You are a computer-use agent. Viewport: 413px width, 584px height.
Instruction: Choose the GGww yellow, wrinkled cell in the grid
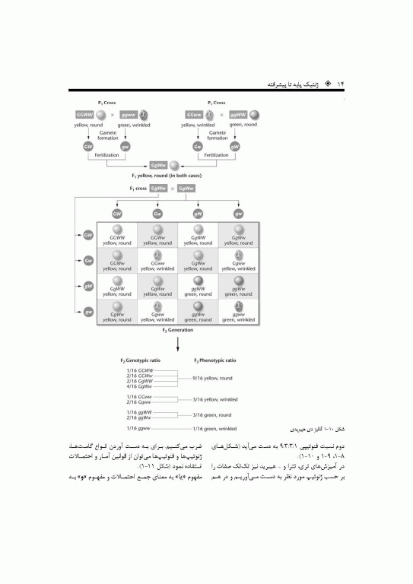[x=157, y=264]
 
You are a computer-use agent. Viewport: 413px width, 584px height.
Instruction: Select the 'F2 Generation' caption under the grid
[x=177, y=331]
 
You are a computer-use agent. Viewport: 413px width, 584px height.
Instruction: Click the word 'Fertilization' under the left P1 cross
[x=104, y=155]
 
